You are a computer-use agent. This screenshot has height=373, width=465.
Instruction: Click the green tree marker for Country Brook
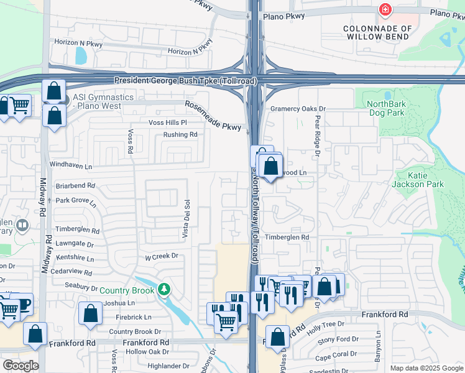[163, 290]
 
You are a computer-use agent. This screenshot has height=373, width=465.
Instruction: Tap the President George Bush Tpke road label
[183, 81]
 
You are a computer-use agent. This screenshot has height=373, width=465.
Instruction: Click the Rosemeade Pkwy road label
[213, 116]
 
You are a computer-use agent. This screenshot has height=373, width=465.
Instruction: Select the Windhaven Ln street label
[71, 167]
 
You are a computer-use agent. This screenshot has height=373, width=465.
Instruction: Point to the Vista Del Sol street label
[185, 218]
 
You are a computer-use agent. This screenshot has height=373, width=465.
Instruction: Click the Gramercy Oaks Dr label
[298, 109]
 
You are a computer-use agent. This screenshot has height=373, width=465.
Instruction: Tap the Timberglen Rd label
[287, 237]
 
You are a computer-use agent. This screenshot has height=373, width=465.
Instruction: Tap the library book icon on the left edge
[22, 224]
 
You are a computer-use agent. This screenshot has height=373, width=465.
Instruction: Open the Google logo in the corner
[21, 366]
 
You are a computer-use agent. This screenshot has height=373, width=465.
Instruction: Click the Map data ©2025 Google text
[426, 368]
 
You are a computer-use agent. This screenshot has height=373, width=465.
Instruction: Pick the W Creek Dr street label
[162, 256]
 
